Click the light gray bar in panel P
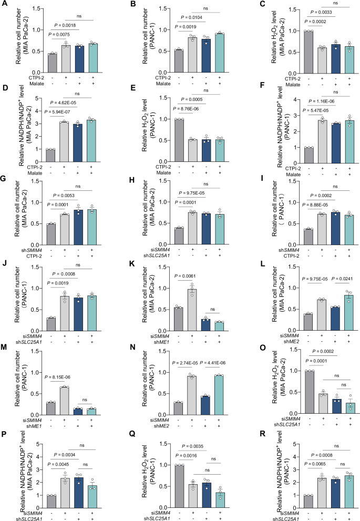65,495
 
